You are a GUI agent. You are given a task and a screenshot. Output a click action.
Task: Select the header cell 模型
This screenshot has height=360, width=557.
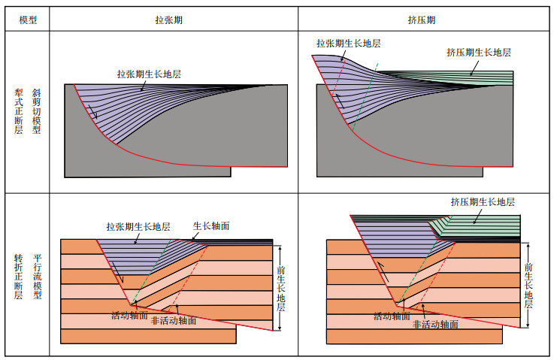pyautogui.click(x=28, y=20)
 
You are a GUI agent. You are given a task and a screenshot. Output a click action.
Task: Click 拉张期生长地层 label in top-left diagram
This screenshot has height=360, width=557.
pyautogui.click(x=149, y=74)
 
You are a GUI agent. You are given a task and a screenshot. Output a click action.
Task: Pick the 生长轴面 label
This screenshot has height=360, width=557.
pyautogui.click(x=211, y=225)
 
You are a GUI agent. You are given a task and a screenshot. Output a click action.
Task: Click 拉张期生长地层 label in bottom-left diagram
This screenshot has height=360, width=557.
pyautogui.click(x=138, y=226)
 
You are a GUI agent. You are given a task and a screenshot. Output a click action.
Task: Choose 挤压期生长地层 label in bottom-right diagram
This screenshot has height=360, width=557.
pyautogui.click(x=483, y=201)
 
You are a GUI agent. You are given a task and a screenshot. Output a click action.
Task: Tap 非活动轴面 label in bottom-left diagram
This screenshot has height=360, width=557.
pyautogui.click(x=174, y=321)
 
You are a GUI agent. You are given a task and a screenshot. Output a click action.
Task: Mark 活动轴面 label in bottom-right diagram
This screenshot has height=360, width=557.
pyautogui.click(x=393, y=316)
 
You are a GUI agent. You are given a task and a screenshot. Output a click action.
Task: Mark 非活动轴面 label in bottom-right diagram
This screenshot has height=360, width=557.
pyautogui.click(x=437, y=325)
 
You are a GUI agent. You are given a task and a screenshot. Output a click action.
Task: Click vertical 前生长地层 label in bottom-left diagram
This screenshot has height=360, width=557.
pyautogui.click(x=281, y=290)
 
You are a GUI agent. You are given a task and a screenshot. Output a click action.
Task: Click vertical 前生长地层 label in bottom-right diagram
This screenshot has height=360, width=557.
pyautogui.click(x=528, y=285)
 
